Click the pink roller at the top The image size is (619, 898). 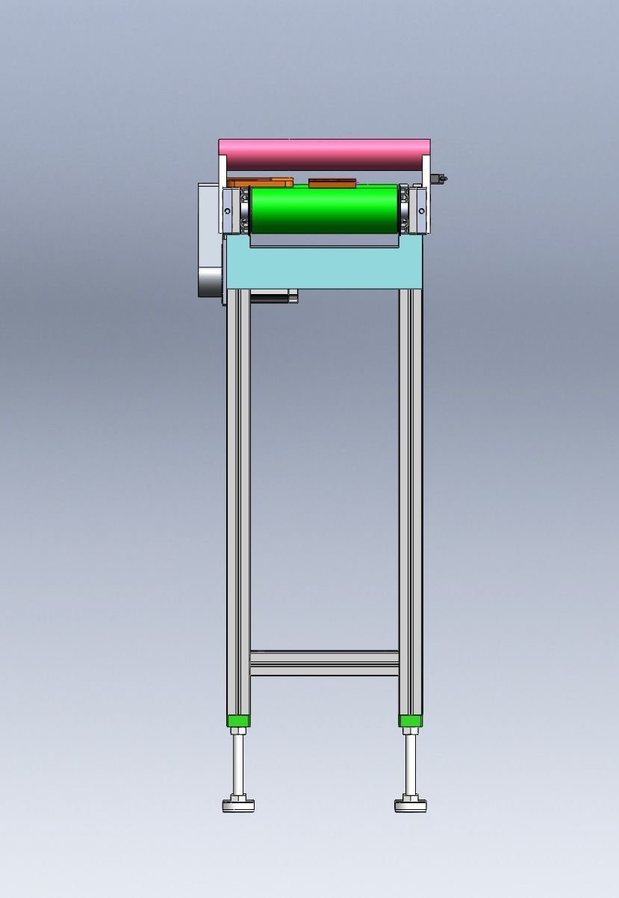pos(324,155)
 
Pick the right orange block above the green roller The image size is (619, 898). pos(332,182)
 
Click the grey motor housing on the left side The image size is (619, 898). pos(210,239)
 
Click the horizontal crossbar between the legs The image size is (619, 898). pos(324,663)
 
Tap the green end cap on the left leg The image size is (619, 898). pos(238,720)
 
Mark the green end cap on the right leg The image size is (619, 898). pos(410,720)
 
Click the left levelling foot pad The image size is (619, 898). pos(238,805)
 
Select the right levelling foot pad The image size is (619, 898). pos(410,805)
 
